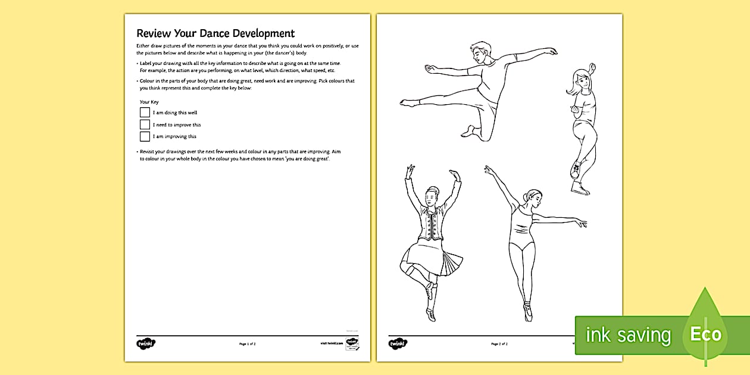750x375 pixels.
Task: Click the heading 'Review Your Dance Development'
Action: (215, 33)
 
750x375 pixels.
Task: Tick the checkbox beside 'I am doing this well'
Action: (145, 112)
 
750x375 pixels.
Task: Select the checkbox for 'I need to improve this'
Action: (145, 124)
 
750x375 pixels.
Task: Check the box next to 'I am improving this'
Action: (145, 136)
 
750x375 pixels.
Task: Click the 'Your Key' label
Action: (149, 102)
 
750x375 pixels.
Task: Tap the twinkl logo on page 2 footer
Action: (398, 343)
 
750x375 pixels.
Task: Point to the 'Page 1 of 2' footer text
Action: (247, 344)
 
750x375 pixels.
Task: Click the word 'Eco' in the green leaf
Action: (705, 334)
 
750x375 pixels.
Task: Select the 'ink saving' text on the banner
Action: (627, 335)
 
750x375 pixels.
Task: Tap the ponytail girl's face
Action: (581, 80)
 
